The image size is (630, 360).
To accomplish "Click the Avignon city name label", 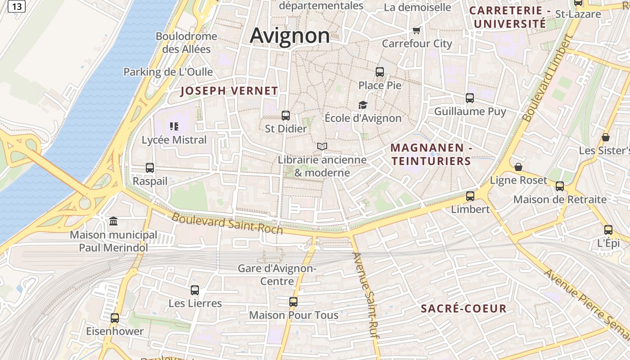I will (x=290, y=35).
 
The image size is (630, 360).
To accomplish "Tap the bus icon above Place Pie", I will (x=380, y=72).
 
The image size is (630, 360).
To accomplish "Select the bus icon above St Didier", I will (x=286, y=116).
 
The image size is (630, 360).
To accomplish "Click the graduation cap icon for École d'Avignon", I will (x=363, y=105).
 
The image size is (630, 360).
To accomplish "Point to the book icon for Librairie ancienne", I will (x=322, y=146).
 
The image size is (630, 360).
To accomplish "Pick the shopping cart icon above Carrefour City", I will (x=416, y=31).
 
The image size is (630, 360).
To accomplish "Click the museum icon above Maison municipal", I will (x=113, y=221).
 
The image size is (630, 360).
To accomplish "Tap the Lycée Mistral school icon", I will (x=174, y=126).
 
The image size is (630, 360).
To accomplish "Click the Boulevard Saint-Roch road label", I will (x=227, y=223).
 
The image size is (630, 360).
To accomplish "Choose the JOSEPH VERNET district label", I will (x=229, y=91).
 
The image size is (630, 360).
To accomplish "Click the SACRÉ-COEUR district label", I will (x=463, y=309).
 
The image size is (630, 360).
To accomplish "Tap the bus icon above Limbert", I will (x=470, y=196).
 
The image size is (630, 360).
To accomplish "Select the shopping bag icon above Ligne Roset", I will (x=518, y=167).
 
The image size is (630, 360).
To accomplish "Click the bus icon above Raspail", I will (x=150, y=168).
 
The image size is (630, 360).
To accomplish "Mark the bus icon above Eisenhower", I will (x=115, y=318).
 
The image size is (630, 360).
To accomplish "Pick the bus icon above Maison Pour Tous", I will (x=293, y=302).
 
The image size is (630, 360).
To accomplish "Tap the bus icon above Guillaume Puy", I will (x=470, y=98).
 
